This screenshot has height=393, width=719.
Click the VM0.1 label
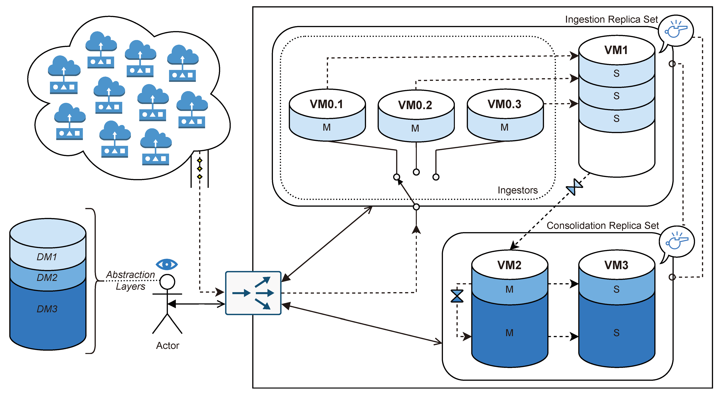[x=326, y=104]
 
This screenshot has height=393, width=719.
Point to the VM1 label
[x=616, y=50]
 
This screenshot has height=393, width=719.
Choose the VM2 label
[x=509, y=265]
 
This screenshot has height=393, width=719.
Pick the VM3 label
[x=616, y=265]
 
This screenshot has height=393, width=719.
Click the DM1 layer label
[x=47, y=257]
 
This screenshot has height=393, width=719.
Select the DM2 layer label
[x=47, y=278]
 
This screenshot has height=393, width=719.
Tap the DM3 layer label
[x=47, y=309]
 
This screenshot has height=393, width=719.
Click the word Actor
[x=167, y=346]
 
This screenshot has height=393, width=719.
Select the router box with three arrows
[x=253, y=293]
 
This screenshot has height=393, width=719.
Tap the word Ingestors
[x=518, y=190]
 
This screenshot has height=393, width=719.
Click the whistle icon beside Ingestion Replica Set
[x=676, y=31]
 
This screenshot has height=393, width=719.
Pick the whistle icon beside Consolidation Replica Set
[x=677, y=242]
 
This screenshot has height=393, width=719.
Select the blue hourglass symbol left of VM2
[x=457, y=296]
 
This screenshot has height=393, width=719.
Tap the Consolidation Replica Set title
[x=602, y=225]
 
